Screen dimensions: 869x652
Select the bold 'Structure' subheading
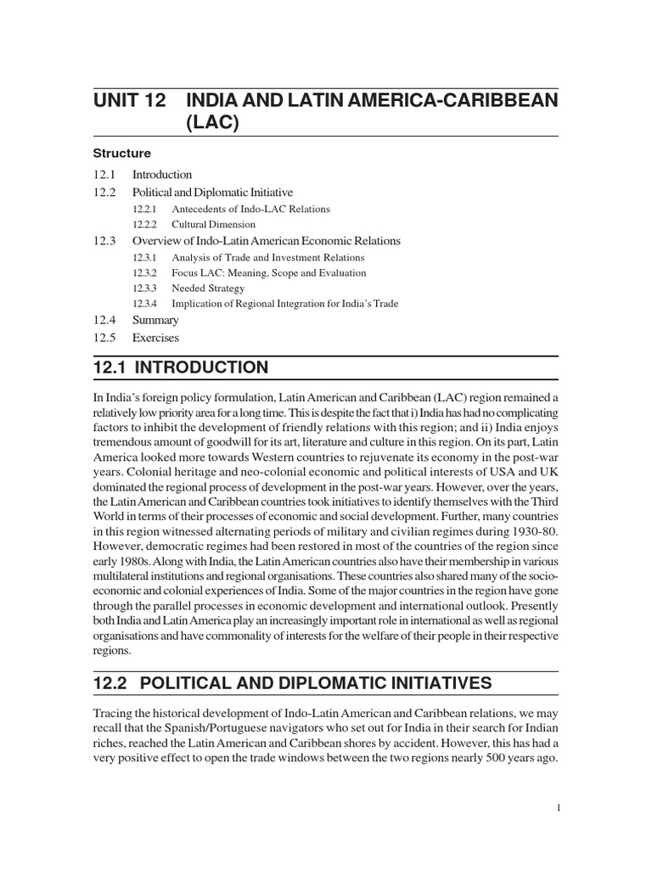122,154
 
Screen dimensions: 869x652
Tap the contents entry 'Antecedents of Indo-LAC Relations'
250,209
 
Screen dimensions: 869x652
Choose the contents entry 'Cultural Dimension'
213,225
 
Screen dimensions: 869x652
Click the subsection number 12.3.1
145,257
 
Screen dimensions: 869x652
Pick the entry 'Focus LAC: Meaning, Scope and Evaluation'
268,273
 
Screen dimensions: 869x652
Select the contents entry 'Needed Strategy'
208,289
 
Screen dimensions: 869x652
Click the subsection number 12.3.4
145,304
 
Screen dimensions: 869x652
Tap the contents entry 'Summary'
155,321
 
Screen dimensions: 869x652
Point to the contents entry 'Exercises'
156,337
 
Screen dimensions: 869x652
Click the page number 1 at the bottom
558,809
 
